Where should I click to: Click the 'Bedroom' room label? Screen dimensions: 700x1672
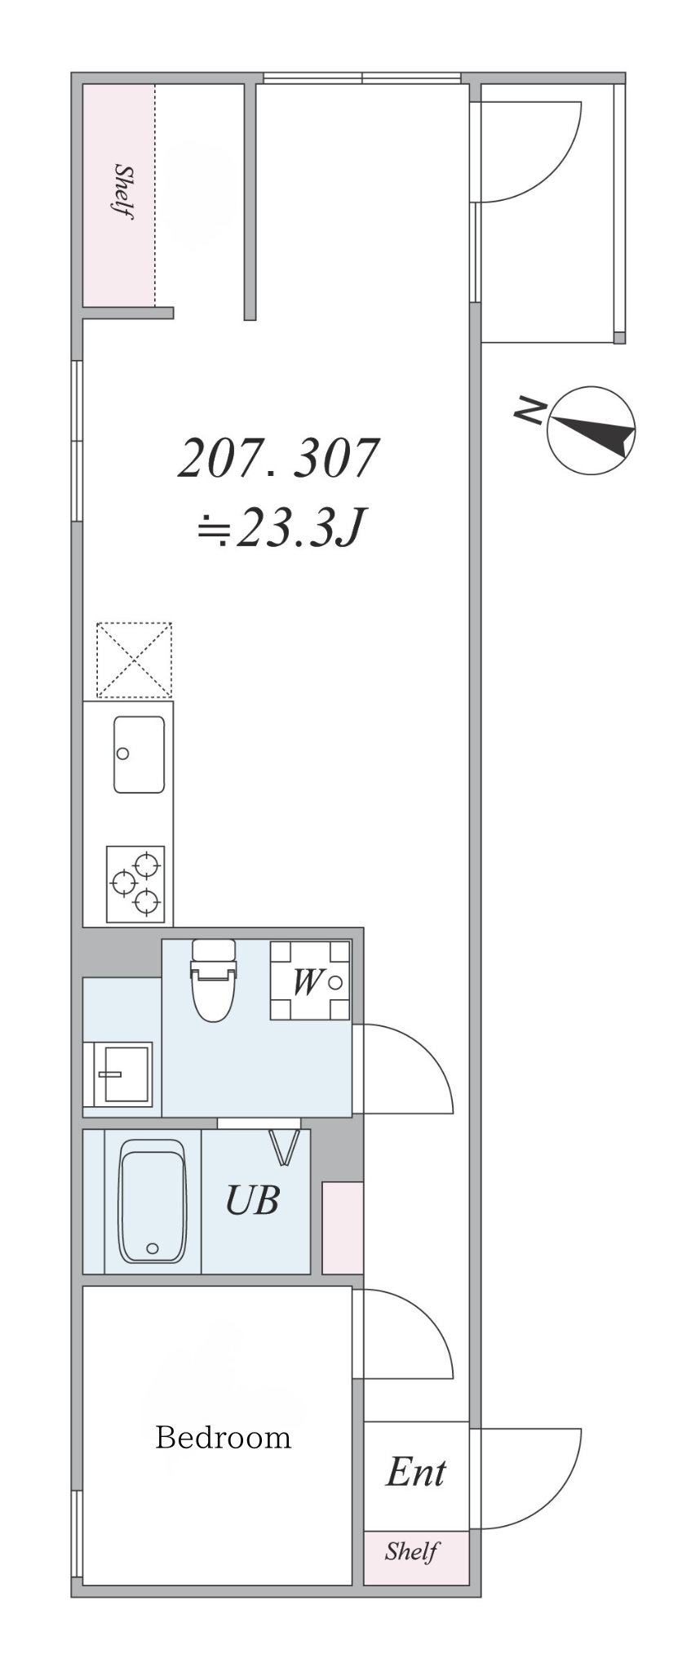[x=223, y=1436]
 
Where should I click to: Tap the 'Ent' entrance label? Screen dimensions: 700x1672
[x=416, y=1472]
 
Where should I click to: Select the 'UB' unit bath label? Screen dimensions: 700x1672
[x=252, y=1200]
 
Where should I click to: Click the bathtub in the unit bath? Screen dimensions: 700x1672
[x=153, y=1200]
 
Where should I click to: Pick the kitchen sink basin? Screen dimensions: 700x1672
[x=139, y=754]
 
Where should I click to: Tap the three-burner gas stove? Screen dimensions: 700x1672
[x=135, y=884]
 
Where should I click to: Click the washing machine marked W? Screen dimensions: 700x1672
[x=310, y=981]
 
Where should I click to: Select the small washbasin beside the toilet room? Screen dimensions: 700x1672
[x=118, y=1074]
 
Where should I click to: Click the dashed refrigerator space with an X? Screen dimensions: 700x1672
[x=134, y=660]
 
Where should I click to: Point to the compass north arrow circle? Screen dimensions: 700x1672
[x=591, y=430]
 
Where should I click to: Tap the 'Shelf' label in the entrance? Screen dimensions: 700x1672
[x=413, y=1550]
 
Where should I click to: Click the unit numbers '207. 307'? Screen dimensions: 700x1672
[x=279, y=458]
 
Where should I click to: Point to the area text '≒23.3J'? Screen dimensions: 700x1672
[x=280, y=528]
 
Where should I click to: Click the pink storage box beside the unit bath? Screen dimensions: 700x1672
[x=343, y=1227]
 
